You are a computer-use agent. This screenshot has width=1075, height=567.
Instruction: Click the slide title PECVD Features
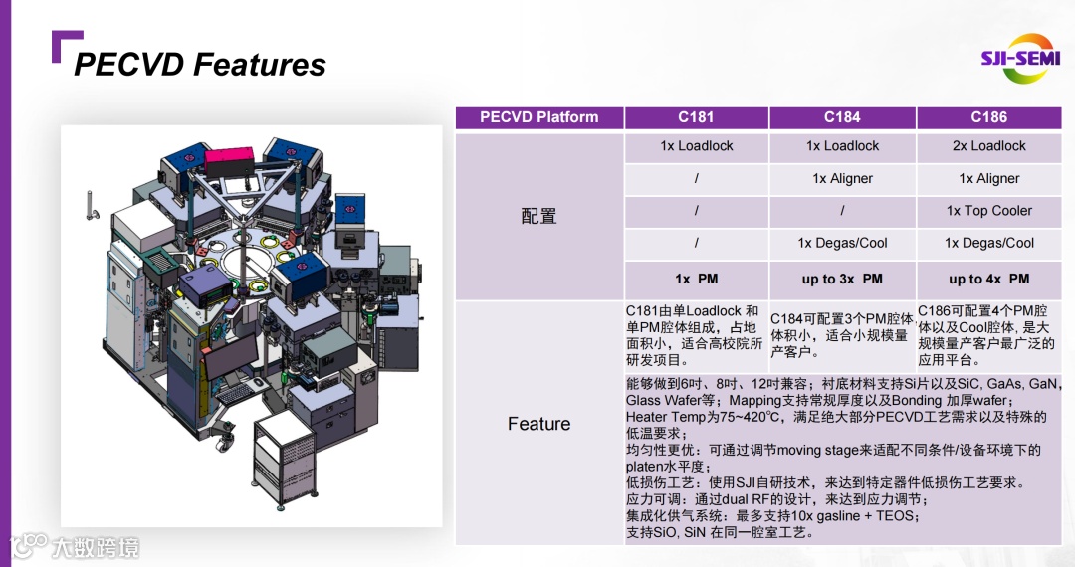pos(200,65)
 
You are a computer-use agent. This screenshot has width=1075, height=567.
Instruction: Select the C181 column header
pos(696,117)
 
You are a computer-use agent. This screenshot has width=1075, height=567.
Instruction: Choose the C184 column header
pos(842,117)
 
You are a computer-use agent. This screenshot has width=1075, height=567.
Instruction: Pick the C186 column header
pos(989,117)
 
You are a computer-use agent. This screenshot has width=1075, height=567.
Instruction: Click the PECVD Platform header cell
pos(539,117)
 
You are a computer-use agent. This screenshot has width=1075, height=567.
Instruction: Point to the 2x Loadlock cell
pos(989,146)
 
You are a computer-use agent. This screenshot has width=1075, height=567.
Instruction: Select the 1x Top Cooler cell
pos(989,211)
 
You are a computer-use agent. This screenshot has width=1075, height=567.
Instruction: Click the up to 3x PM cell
pos(842,279)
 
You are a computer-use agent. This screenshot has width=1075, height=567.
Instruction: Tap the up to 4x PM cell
pos(989,279)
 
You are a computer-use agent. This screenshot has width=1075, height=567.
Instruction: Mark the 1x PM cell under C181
pos(696,279)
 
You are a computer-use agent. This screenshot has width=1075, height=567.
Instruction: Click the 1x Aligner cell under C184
pos(842,179)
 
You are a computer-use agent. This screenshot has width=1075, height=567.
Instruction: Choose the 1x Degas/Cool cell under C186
pos(989,243)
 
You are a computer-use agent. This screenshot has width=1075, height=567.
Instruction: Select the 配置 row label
pos(539,216)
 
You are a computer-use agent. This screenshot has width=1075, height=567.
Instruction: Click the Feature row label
pos(539,424)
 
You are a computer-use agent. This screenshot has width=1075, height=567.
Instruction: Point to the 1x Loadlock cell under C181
pos(696,146)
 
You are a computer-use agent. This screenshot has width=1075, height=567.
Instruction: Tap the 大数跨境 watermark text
pos(96,547)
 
